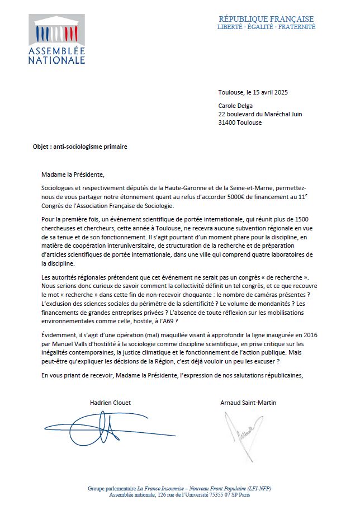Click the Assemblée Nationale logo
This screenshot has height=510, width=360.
(x=56, y=40)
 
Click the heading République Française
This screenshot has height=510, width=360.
(x=266, y=19)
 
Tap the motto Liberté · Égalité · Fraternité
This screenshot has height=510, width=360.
(x=266, y=27)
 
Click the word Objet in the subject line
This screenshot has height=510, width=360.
(x=41, y=147)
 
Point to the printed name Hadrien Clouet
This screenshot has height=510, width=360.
(x=111, y=402)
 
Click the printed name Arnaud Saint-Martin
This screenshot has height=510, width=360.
(x=248, y=402)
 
